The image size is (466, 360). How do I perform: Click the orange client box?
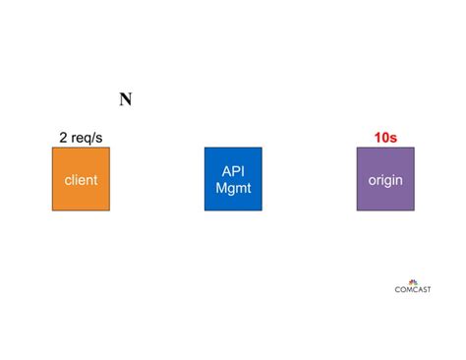click(x=81, y=179)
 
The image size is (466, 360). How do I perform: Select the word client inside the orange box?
click(x=81, y=181)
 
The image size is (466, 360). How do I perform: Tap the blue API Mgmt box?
click(x=233, y=179)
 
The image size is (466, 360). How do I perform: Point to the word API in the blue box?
click(x=233, y=171)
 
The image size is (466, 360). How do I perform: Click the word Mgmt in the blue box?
click(x=233, y=188)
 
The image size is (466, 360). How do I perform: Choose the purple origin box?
click(x=385, y=179)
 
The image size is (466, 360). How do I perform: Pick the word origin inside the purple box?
click(x=385, y=181)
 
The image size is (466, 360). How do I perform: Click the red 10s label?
click(x=385, y=137)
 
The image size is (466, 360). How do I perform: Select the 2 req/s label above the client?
click(x=82, y=137)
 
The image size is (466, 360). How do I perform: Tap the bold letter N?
click(x=126, y=99)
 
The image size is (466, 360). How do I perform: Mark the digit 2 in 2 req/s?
click(x=63, y=137)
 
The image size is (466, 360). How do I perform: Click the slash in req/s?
click(x=95, y=137)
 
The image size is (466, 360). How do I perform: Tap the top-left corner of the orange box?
click(x=53, y=149)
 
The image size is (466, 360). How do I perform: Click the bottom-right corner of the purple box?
click(x=414, y=210)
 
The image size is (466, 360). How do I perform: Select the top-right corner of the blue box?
click(x=262, y=149)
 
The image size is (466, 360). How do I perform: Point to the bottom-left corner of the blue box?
click(x=205, y=210)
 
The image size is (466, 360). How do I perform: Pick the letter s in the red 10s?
click(x=395, y=137)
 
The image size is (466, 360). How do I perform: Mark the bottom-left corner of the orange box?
click(x=53, y=210)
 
